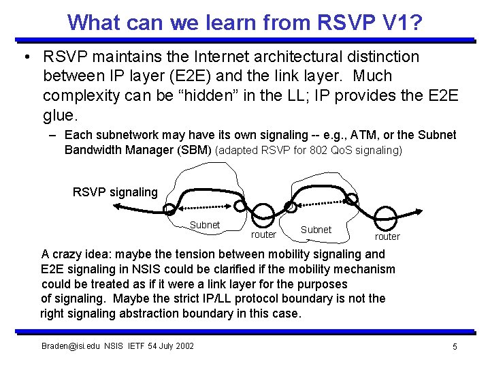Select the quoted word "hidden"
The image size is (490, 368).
(x=209, y=95)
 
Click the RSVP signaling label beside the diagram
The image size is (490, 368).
(x=115, y=192)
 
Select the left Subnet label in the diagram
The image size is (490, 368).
(x=204, y=225)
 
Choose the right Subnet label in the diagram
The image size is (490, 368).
(x=316, y=230)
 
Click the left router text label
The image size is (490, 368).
(x=263, y=235)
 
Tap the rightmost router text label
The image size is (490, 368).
(x=387, y=237)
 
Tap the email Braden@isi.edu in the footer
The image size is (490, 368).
(x=70, y=346)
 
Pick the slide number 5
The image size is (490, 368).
(x=455, y=347)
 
